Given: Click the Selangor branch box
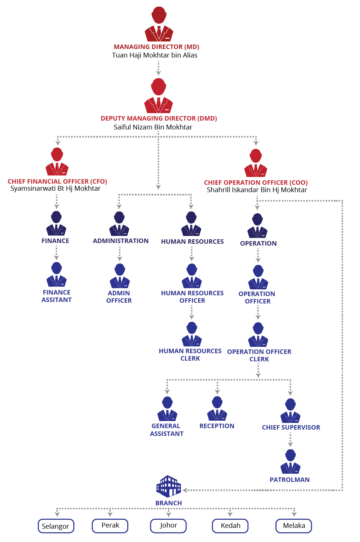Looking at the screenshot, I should point(56,526).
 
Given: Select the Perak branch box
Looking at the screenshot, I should point(110,526).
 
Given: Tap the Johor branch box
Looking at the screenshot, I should point(168,526).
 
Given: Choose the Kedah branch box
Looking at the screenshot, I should point(230,526).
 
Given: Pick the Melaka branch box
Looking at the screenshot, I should point(294,526).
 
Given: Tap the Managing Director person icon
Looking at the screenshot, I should point(159,24).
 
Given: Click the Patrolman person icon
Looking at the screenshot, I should point(290,461).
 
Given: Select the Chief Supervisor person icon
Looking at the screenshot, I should point(290,411).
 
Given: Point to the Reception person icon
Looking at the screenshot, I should point(217,408).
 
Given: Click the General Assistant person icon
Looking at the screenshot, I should point(167,409).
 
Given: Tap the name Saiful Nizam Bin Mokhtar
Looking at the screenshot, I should point(153,127).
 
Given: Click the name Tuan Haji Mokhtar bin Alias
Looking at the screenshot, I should point(155,55).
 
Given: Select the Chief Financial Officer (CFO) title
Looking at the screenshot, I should point(57,181).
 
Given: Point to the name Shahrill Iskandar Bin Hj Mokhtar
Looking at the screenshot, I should point(257,190).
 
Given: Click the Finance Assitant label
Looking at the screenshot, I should point(56,296).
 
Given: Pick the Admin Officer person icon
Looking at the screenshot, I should point(119,276).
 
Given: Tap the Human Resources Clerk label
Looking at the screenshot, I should point(190,355).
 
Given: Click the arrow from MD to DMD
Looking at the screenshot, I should point(158,68).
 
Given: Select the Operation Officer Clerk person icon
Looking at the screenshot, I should point(258,335).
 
